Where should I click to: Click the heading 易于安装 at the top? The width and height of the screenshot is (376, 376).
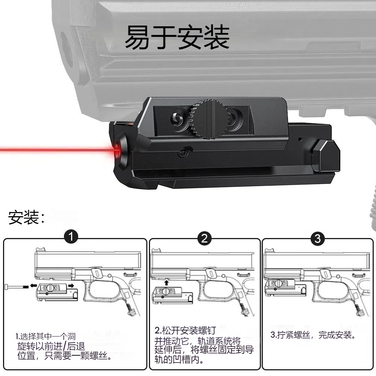coord(177,37)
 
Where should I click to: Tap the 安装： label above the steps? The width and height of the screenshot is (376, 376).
coord(27,218)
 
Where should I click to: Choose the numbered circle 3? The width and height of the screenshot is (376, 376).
coord(318,238)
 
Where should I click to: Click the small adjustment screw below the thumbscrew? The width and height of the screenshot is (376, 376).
coord(183,152)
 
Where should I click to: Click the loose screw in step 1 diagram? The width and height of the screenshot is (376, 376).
coord(15,287)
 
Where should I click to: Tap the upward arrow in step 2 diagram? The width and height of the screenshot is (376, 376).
coord(167,282)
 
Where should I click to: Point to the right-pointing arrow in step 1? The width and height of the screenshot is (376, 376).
coord(70,286)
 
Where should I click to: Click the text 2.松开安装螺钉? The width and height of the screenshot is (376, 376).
coord(185,331)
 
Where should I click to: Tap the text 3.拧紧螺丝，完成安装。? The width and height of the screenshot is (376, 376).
coord(313,335)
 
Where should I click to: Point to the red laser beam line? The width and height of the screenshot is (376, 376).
coord(56,150)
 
